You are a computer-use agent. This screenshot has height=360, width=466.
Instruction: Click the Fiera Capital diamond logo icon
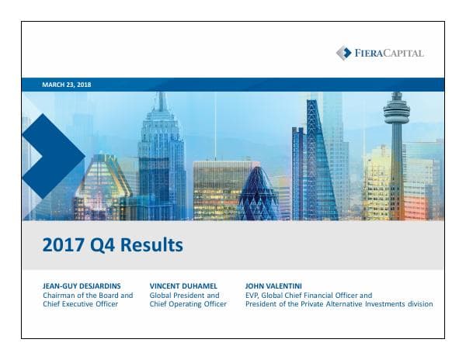[x=343, y=53]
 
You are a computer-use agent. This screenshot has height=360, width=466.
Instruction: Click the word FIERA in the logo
[x=369, y=53]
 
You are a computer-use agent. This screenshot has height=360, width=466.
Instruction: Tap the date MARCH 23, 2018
[x=67, y=84]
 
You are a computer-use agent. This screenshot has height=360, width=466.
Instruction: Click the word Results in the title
[x=149, y=245]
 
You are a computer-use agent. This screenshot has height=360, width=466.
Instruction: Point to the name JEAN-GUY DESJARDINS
[x=82, y=286]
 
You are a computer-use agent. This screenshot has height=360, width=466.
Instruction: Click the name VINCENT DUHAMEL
[x=183, y=286]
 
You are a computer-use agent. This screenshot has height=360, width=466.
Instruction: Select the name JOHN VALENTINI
[x=273, y=286]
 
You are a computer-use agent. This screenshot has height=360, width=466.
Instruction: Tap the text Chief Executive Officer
[x=82, y=304]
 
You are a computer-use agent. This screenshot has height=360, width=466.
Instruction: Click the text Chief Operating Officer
[x=187, y=304]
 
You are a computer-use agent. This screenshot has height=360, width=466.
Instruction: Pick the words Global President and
[x=184, y=295]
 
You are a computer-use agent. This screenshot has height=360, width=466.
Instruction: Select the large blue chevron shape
[x=50, y=155]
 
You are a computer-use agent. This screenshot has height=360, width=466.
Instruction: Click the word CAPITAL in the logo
[x=405, y=53]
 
